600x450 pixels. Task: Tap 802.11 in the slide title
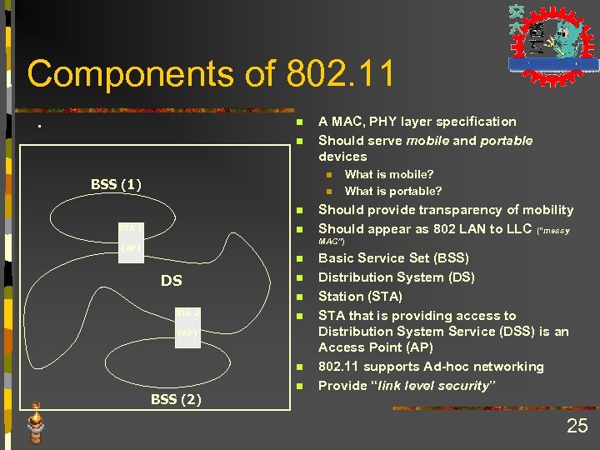point(340,74)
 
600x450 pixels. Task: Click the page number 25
point(577,427)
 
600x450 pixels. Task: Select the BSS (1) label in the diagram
point(116,184)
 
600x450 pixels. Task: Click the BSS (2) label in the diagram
point(176,399)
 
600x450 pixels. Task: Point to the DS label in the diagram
point(172,281)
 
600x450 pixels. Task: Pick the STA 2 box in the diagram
point(187,313)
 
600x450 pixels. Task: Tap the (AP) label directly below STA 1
point(130,247)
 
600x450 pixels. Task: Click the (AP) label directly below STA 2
point(187,332)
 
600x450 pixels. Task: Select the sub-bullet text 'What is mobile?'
point(388,174)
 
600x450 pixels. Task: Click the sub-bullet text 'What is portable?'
point(393,191)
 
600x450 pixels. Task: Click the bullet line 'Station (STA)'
point(360,296)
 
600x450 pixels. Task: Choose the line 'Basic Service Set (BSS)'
point(393,258)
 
